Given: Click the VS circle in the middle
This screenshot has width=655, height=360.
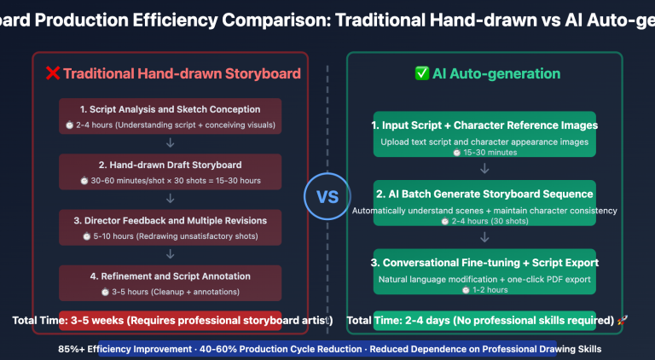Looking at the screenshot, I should point(327,196).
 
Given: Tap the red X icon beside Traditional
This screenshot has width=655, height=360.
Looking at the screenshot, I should point(52,73).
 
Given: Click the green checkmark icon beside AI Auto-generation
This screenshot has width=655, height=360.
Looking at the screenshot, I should point(421,73).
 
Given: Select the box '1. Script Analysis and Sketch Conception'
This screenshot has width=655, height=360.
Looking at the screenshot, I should point(171,116).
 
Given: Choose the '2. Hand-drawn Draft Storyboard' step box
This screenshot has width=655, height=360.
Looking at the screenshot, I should point(171,171).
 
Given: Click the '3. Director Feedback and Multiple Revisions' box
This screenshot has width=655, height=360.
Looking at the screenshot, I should point(171,227).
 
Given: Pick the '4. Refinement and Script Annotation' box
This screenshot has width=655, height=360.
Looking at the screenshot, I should point(171,282).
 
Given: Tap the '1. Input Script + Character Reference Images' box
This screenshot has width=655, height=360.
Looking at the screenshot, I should point(484,134).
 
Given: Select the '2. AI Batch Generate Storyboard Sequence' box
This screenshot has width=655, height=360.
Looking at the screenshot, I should point(484,202).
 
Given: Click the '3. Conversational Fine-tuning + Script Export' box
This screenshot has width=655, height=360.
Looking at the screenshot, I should point(484,271).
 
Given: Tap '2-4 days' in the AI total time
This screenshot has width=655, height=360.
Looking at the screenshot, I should point(424,321).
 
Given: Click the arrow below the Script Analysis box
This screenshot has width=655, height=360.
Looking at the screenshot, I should point(171,143).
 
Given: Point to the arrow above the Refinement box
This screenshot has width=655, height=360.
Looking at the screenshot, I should point(171,254).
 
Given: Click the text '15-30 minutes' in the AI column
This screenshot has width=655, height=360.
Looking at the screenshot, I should point(484,153).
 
